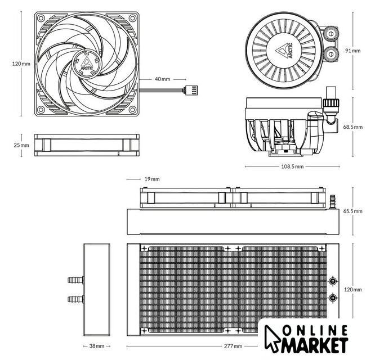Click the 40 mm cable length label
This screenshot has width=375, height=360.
pos(162,79)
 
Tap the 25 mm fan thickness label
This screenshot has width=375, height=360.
pos(21,145)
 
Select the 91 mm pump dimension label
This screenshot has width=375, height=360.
pos(352,51)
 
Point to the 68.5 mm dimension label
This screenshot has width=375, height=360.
pos(353,127)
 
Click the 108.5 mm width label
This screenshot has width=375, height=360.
pos(292,166)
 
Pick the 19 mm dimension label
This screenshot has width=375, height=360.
pos(152,179)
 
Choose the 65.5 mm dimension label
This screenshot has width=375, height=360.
pos(353,211)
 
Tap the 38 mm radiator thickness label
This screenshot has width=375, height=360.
pos(97,346)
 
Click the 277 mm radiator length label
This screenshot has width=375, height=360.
pos(233,346)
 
